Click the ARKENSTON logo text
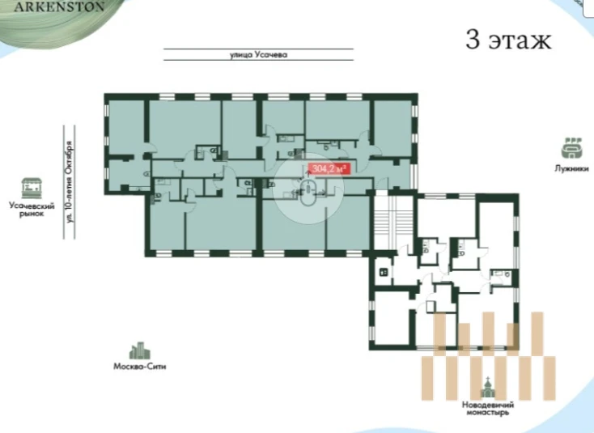[x=59, y=6]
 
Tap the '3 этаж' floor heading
[x=508, y=40]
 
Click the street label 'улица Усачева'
[x=259, y=54]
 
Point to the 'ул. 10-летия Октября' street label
[x=69, y=182]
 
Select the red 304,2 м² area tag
[x=327, y=168]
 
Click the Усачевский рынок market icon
[x=32, y=189]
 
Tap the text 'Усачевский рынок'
[x=32, y=210]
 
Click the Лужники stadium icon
[x=571, y=148]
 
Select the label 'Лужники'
[x=571, y=168]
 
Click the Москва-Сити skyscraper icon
[x=140, y=350]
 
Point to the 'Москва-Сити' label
[x=140, y=367]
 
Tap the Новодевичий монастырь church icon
[x=488, y=387]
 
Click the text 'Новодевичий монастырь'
[x=488, y=409]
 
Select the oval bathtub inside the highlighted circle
[x=308, y=193]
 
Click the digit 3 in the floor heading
[x=473, y=40]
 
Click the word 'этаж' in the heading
[x=520, y=41]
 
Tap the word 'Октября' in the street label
[x=69, y=157]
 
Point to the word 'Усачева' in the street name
[x=271, y=54]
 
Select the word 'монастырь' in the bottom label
[x=488, y=413]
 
